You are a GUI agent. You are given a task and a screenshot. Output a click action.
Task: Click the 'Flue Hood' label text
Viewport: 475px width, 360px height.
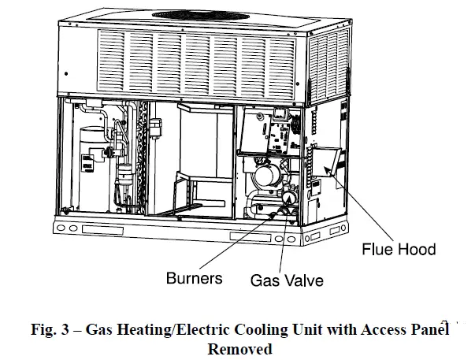coord(398,251)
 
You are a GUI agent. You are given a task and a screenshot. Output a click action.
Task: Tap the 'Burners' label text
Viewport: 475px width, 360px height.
coord(195,278)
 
